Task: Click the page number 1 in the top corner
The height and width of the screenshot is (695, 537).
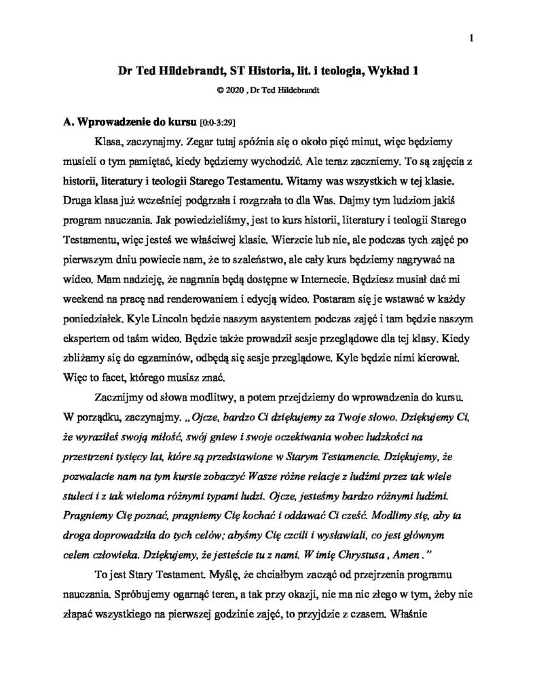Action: (x=470, y=39)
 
